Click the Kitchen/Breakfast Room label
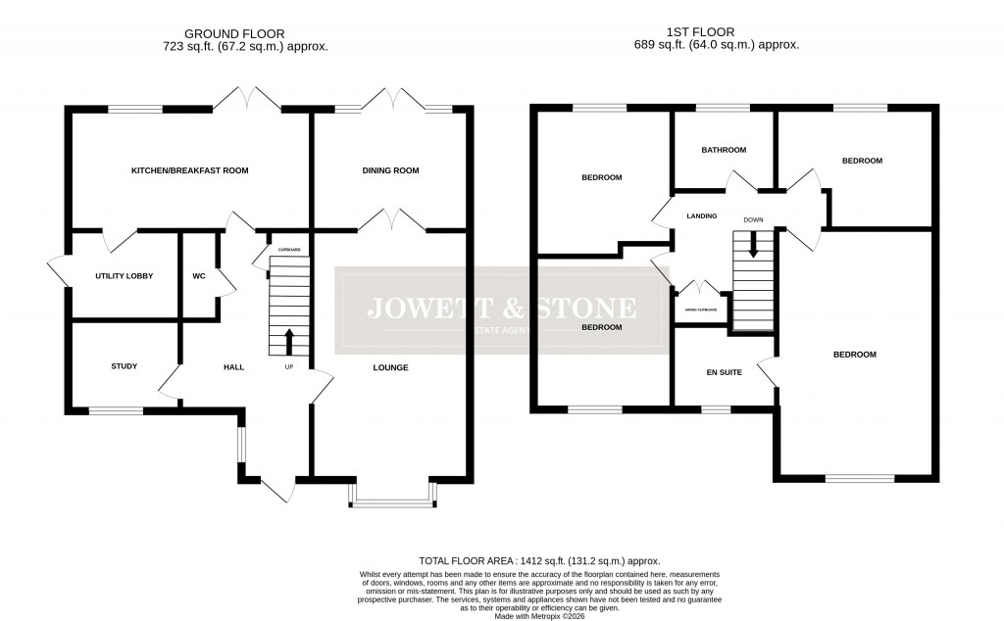190,170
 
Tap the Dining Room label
390,170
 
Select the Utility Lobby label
125,276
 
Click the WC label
198,276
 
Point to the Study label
124,366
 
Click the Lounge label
389,368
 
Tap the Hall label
233,367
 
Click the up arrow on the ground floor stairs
288,342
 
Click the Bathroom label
724,150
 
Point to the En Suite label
724,372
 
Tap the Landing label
702,216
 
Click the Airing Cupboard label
700,310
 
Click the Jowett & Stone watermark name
501,309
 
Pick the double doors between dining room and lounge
391,222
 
